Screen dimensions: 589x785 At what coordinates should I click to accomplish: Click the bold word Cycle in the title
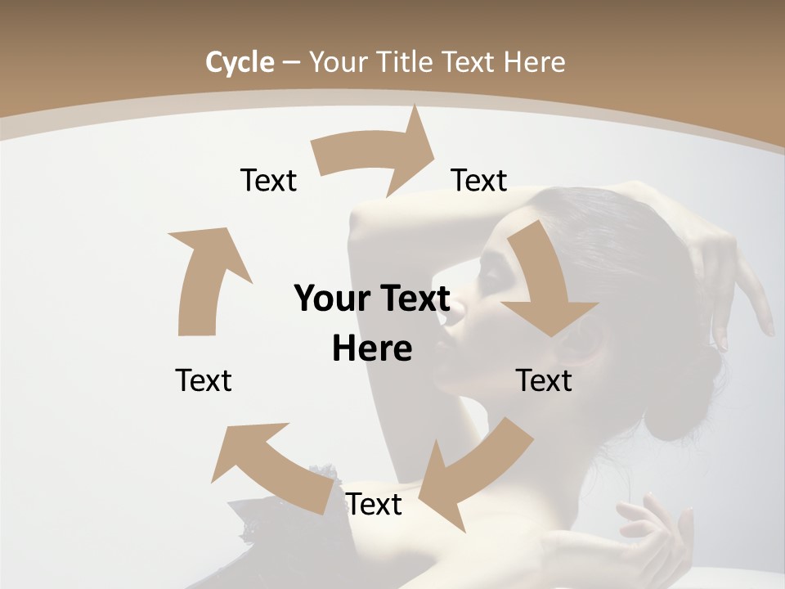pos(240,62)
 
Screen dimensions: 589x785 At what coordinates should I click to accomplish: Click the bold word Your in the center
pos(330,299)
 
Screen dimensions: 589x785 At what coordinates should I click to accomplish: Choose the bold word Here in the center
pos(372,348)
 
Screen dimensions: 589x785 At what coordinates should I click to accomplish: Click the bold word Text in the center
pos(414,299)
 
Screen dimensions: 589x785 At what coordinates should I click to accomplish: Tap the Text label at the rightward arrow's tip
pos(479,180)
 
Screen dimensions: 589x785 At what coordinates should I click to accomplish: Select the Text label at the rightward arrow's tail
pos(268,180)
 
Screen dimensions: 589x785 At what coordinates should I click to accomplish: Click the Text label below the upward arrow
pos(204,380)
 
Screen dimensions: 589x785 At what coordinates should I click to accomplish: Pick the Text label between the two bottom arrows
pos(374,504)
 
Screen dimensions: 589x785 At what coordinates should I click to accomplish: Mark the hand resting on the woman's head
pos(720,270)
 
